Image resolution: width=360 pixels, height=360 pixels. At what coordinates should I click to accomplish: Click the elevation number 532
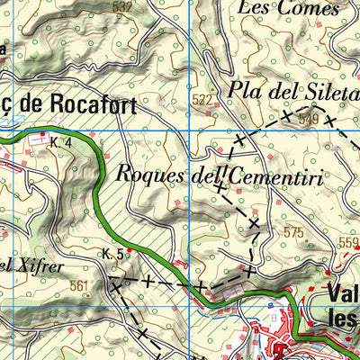pos(122,6)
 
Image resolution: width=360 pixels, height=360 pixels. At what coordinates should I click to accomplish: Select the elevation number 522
pos(202,100)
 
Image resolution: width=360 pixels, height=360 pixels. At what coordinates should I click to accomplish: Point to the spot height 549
pos(309,118)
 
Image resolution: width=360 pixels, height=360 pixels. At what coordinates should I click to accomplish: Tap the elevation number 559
pos(348,243)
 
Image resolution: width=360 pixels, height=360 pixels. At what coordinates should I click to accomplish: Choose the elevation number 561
pos(80,287)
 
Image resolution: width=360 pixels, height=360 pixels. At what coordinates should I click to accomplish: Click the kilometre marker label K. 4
pos(61,142)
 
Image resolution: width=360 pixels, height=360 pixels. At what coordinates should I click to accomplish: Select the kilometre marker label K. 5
pos(112,255)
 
